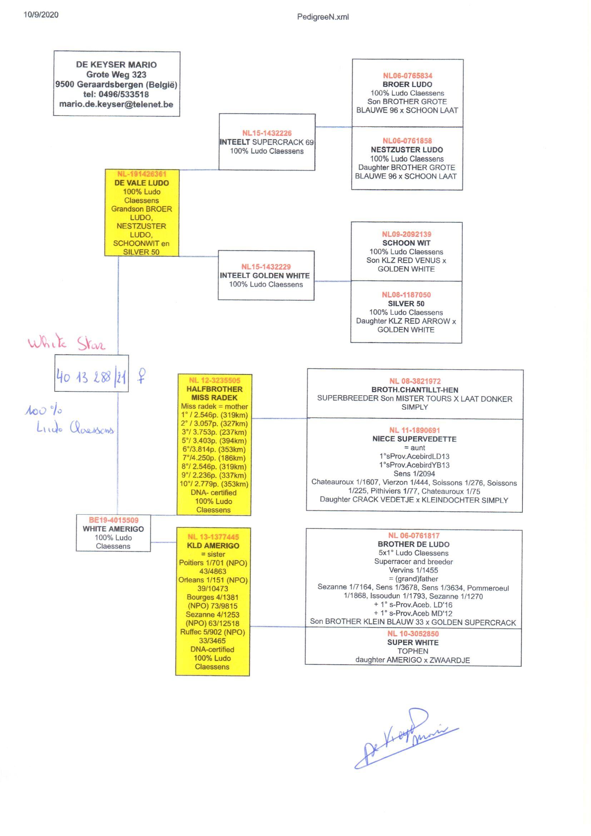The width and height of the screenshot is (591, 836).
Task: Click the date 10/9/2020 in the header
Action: click(x=41, y=15)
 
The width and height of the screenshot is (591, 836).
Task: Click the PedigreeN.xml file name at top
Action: click(x=323, y=17)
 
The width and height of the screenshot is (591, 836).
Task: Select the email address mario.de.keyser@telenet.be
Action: click(x=116, y=104)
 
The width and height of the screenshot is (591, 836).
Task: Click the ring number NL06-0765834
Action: click(x=407, y=76)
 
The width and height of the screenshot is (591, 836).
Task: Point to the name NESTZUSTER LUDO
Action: click(x=407, y=150)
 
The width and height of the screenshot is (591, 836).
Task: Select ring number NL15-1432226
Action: click(x=267, y=133)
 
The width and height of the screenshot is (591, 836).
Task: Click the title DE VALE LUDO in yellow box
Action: click(x=141, y=183)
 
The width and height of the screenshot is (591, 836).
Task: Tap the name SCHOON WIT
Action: click(x=406, y=243)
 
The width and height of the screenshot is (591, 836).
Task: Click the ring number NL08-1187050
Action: click(x=406, y=295)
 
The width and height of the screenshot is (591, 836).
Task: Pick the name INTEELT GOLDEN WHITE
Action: click(x=264, y=276)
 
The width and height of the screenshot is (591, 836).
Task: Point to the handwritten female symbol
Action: click(x=141, y=376)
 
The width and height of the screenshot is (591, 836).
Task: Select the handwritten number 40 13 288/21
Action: click(x=91, y=377)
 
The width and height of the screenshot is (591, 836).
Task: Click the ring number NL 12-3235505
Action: click(x=214, y=380)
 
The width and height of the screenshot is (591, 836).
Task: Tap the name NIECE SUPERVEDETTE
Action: click(x=414, y=439)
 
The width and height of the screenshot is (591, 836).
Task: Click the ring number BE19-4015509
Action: click(x=114, y=520)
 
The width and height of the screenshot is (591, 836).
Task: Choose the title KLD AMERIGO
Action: click(x=213, y=546)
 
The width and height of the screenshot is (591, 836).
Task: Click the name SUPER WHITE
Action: click(x=413, y=642)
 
